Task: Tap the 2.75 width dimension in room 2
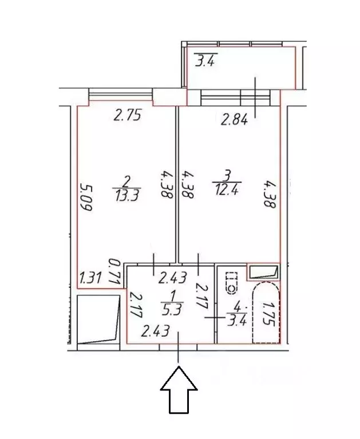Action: click(x=127, y=115)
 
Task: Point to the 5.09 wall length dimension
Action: click(x=87, y=197)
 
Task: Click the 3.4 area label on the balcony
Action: click(x=205, y=60)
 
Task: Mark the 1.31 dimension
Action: click(x=90, y=279)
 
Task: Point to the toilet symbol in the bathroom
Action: click(x=232, y=280)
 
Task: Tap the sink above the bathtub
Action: click(x=264, y=271)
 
